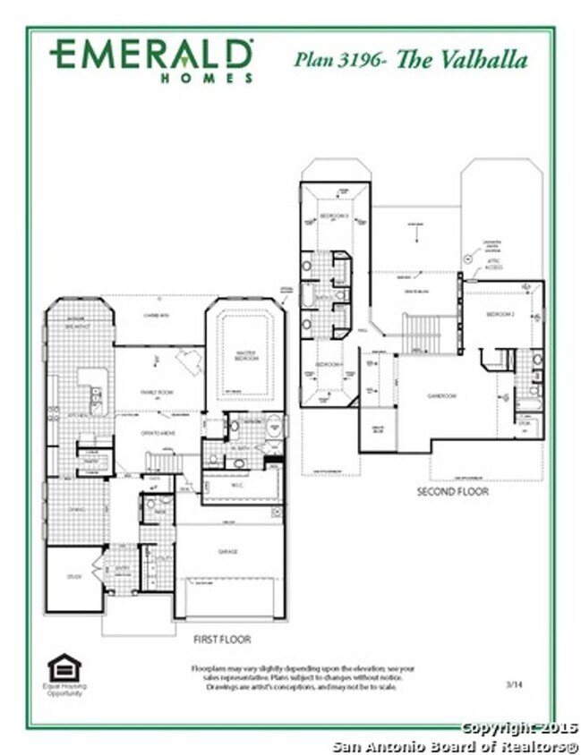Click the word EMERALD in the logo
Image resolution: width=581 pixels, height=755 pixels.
[150, 55]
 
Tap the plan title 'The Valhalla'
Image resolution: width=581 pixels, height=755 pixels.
[461, 60]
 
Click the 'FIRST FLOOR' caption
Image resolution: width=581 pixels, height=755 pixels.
[222, 640]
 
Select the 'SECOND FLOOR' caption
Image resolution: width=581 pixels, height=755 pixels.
[453, 492]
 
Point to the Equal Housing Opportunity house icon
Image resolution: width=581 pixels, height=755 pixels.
[64, 667]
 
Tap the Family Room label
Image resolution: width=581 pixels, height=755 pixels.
[158, 392]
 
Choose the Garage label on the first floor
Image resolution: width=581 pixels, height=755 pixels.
[229, 552]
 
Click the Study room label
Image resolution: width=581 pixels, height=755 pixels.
[73, 577]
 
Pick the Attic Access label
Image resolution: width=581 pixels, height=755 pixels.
[493, 266]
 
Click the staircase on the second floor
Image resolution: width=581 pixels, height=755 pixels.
[421, 333]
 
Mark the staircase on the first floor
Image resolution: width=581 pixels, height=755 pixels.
[164, 462]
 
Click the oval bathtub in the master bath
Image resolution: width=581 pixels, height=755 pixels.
[273, 426]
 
